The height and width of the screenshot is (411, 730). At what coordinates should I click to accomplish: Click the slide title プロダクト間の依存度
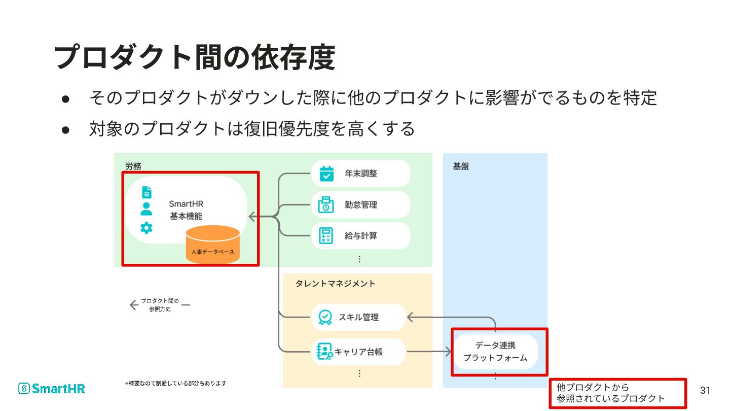[195, 57]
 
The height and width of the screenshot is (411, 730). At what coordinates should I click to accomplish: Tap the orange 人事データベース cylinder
[213, 245]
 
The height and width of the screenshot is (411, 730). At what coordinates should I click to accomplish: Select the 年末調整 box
[360, 174]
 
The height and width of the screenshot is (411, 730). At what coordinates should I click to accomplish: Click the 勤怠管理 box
[360, 205]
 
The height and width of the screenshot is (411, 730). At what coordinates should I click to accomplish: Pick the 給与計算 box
[360, 236]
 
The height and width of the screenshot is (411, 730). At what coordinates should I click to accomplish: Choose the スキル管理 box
[358, 317]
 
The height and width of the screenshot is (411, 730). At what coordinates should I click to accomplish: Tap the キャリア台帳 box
[358, 351]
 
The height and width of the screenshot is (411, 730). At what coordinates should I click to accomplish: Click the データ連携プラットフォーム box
[495, 351]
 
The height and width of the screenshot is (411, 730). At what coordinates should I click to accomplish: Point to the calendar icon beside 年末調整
[326, 174]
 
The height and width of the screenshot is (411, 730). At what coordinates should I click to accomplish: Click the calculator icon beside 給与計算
[325, 236]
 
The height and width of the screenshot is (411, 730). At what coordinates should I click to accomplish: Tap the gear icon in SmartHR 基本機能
[147, 228]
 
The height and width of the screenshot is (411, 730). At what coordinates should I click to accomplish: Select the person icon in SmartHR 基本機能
[147, 209]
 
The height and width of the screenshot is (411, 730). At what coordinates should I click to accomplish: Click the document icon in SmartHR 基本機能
[147, 192]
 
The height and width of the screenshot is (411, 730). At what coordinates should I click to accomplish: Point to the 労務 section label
[133, 166]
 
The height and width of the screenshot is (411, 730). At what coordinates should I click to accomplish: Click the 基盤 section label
[461, 166]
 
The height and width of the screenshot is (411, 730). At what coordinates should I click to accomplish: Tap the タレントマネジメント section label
[335, 284]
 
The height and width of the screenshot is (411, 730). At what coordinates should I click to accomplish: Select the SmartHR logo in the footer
[52, 389]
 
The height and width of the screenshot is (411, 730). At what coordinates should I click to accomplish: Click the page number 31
[705, 390]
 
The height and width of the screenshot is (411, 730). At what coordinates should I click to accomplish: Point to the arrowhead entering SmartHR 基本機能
[251, 217]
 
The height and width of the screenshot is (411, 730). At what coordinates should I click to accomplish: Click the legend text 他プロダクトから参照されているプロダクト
[610, 393]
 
